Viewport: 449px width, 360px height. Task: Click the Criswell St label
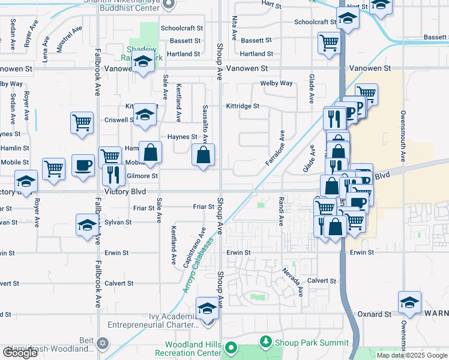tap(118, 120)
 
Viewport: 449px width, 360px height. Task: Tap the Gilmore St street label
tap(142, 176)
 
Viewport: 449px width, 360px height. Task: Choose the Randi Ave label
tap(280, 211)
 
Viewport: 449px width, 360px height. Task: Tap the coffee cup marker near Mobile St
tap(83, 165)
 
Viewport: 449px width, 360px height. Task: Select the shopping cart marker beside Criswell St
tap(82, 123)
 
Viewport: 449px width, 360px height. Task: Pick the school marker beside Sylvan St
tap(87, 226)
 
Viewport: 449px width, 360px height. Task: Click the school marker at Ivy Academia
tap(207, 310)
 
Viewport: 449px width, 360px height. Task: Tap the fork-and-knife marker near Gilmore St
tap(111, 174)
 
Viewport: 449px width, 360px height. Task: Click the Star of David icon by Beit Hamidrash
tap(103, 343)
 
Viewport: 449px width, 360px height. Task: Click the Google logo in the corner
tap(20, 353)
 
